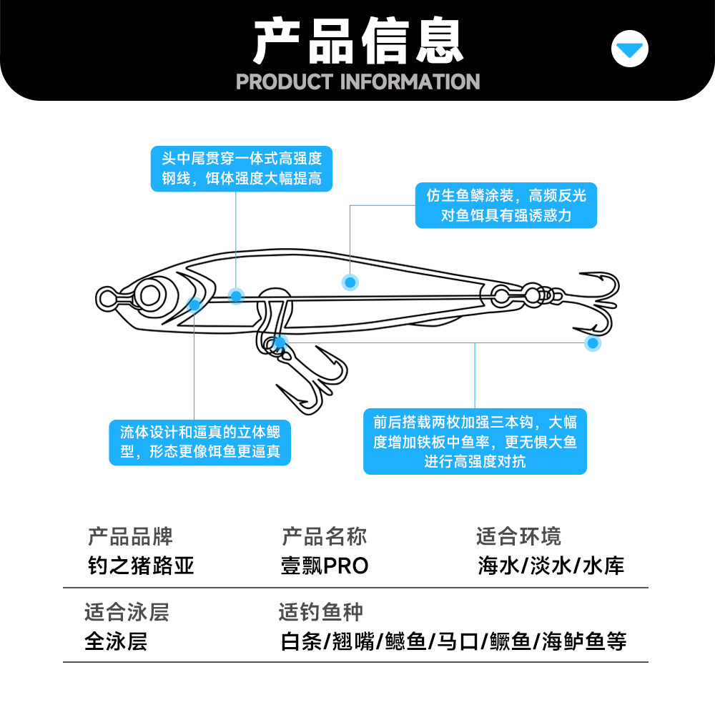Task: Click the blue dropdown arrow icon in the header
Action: [630, 50]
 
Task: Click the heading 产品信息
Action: [357, 41]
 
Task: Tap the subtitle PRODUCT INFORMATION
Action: [357, 82]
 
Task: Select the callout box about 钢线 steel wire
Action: [241, 168]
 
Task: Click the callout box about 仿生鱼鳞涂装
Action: [506, 205]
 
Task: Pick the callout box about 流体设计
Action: [200, 442]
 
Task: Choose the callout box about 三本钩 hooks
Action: [475, 442]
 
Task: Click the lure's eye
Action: [152, 294]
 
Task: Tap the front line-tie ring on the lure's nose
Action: [107, 297]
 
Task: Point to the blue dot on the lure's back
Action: [350, 282]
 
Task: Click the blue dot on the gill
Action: [194, 305]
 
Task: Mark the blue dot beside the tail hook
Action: [592, 343]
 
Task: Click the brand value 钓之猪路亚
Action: [141, 566]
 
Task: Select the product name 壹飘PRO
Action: [325, 566]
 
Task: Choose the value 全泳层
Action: [116, 641]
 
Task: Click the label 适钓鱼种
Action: [320, 612]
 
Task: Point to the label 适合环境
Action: [518, 536]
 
